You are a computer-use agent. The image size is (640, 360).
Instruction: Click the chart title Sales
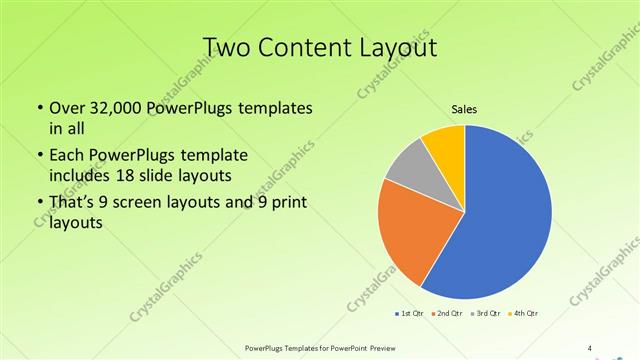tap(465, 108)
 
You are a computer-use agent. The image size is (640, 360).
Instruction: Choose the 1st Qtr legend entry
tap(410, 314)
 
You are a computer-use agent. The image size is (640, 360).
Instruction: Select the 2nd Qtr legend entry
tap(446, 314)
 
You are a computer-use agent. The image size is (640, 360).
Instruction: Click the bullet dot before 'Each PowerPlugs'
tap(39, 156)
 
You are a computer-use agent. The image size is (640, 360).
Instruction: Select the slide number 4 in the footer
tap(590, 347)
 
